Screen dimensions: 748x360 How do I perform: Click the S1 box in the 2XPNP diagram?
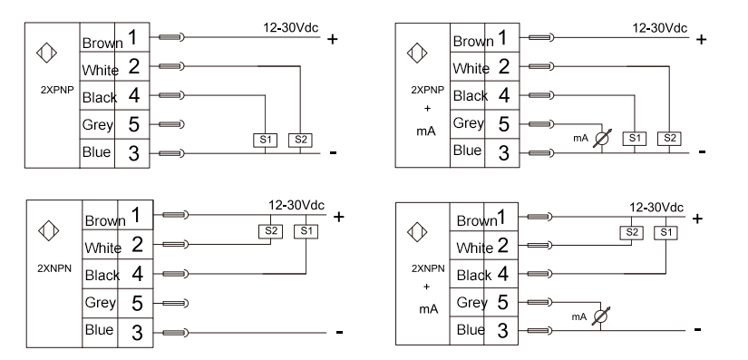click(266, 141)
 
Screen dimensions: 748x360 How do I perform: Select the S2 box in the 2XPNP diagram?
click(300, 141)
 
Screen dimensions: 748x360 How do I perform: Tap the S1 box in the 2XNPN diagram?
click(306, 232)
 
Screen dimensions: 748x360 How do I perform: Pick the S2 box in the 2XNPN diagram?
click(270, 232)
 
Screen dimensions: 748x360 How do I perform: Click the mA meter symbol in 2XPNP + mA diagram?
click(602, 138)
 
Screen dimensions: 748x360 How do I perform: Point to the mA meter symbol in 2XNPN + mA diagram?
click(600, 316)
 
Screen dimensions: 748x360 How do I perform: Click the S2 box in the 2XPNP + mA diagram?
click(669, 139)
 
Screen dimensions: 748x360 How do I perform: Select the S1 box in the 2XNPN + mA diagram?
click(666, 233)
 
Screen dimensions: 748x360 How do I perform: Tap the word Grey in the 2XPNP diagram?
click(97, 125)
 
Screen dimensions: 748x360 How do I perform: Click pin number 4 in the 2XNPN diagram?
click(138, 274)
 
